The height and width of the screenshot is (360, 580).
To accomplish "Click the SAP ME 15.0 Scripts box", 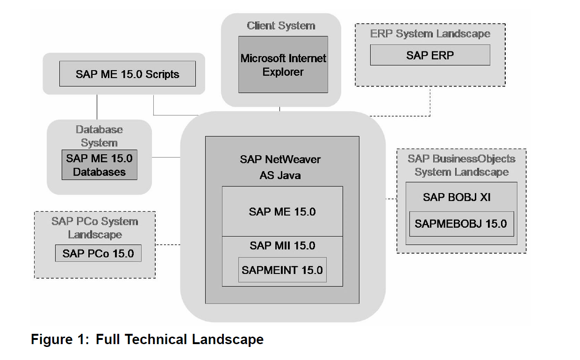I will (127, 74).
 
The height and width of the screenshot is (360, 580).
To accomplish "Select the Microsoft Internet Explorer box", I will (283, 65).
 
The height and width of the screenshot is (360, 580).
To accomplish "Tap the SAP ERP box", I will (430, 55).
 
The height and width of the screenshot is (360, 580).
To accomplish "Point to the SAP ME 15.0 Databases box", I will (99, 165).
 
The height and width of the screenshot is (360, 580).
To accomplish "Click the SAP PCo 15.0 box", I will (98, 253).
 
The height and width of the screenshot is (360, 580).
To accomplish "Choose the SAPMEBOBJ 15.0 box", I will (460, 223).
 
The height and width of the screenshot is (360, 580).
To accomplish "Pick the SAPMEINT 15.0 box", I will (282, 270).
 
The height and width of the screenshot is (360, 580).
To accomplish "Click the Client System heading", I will (281, 26).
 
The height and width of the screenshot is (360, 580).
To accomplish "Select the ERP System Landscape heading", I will (430, 34).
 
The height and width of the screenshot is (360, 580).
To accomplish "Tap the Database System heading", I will (99, 136).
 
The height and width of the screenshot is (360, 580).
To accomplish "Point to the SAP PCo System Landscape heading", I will (95, 228).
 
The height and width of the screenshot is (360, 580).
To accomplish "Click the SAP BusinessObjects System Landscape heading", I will (461, 165).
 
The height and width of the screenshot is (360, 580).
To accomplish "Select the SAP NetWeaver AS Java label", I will (280, 167).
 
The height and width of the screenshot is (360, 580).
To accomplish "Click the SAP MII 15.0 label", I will (282, 245).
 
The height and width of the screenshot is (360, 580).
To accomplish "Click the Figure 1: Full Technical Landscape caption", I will (147, 339).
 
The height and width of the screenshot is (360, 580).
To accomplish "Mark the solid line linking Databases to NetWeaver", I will (166, 158).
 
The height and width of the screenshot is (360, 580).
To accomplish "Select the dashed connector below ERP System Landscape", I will (430, 103).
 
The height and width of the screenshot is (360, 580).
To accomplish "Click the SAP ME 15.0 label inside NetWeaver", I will (282, 212).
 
